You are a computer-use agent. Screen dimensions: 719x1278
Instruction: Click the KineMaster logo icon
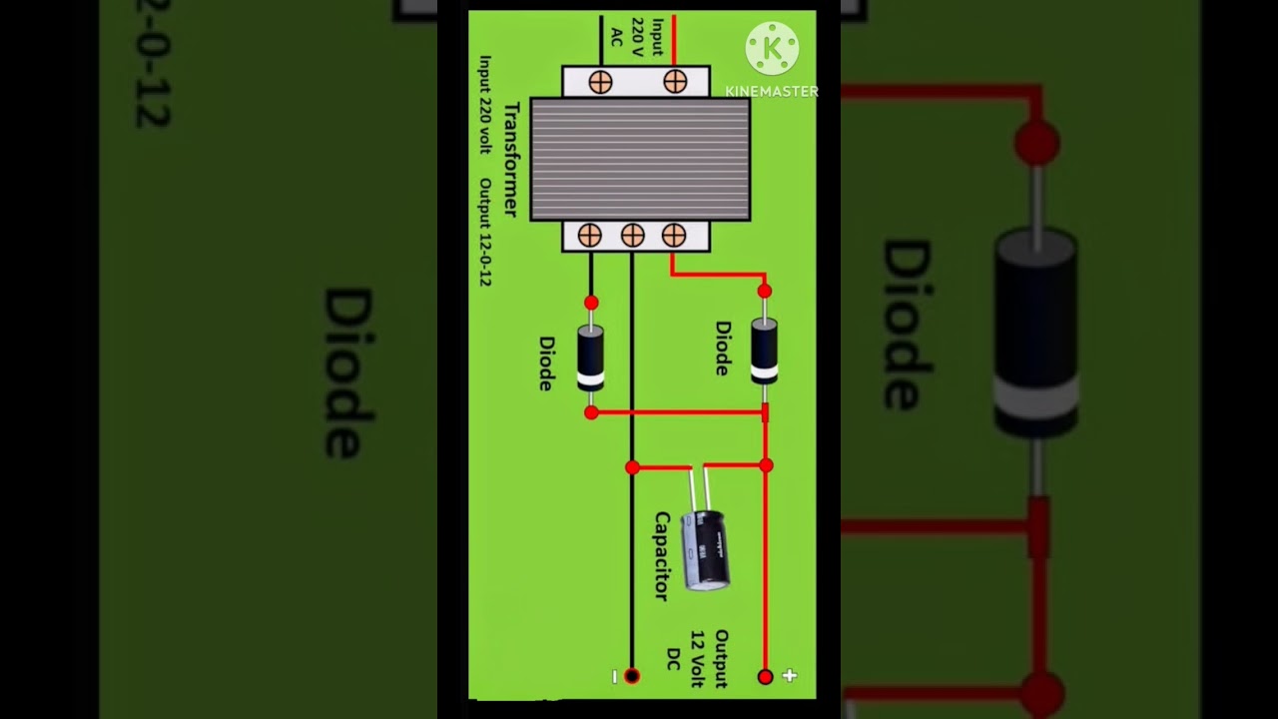[x=772, y=48]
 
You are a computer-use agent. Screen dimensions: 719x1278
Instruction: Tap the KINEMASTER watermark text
[x=772, y=91]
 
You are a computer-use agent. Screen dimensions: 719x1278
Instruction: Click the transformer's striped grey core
[x=640, y=159]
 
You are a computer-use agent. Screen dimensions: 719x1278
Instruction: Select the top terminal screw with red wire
[x=675, y=82]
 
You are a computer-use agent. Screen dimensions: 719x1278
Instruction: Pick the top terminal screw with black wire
[x=600, y=82]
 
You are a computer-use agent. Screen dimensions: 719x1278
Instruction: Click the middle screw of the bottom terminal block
[x=632, y=236]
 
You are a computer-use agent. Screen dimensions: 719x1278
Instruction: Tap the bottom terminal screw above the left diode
[x=590, y=236]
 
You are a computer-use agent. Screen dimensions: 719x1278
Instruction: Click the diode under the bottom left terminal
[x=591, y=357]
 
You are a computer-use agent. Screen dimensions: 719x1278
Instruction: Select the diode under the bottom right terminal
[x=764, y=351]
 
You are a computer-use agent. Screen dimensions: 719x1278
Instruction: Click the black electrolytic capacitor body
[x=705, y=548]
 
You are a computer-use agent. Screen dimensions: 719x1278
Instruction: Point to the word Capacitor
[x=661, y=555]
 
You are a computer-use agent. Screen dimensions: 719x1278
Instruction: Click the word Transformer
[x=510, y=159]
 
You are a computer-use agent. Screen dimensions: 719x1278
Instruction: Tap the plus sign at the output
[x=790, y=676]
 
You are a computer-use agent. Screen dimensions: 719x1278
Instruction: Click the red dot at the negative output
[x=631, y=676]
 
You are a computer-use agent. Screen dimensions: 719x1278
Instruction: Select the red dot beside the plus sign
[x=765, y=676]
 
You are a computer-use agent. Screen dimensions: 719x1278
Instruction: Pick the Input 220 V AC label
[x=637, y=37]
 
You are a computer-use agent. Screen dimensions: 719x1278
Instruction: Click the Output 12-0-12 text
[x=485, y=233]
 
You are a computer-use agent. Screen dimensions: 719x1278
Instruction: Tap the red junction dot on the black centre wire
[x=632, y=466]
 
